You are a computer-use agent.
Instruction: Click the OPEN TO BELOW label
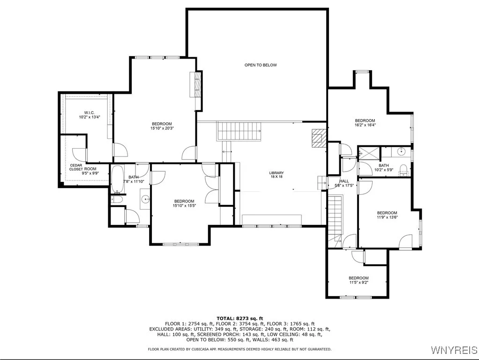click(261, 65)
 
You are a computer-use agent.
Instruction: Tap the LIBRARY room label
click(277, 173)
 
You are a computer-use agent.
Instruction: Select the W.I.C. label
click(89, 113)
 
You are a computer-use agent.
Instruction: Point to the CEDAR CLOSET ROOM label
click(82, 167)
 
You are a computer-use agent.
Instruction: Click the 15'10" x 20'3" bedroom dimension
click(162, 128)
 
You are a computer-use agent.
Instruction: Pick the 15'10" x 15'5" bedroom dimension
click(184, 206)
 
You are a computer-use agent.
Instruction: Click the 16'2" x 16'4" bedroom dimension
click(365, 125)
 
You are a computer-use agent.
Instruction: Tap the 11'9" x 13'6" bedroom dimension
click(387, 217)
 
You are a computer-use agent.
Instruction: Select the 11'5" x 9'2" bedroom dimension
click(359, 282)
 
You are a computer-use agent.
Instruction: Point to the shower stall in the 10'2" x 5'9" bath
click(369, 153)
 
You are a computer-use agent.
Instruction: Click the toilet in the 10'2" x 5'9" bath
click(404, 170)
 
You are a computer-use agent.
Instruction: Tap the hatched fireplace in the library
click(319, 138)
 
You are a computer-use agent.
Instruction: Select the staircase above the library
click(239, 131)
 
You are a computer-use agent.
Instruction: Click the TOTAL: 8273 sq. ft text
click(240, 318)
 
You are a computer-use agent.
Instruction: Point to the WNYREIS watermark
click(454, 350)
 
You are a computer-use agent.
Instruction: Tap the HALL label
click(344, 181)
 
